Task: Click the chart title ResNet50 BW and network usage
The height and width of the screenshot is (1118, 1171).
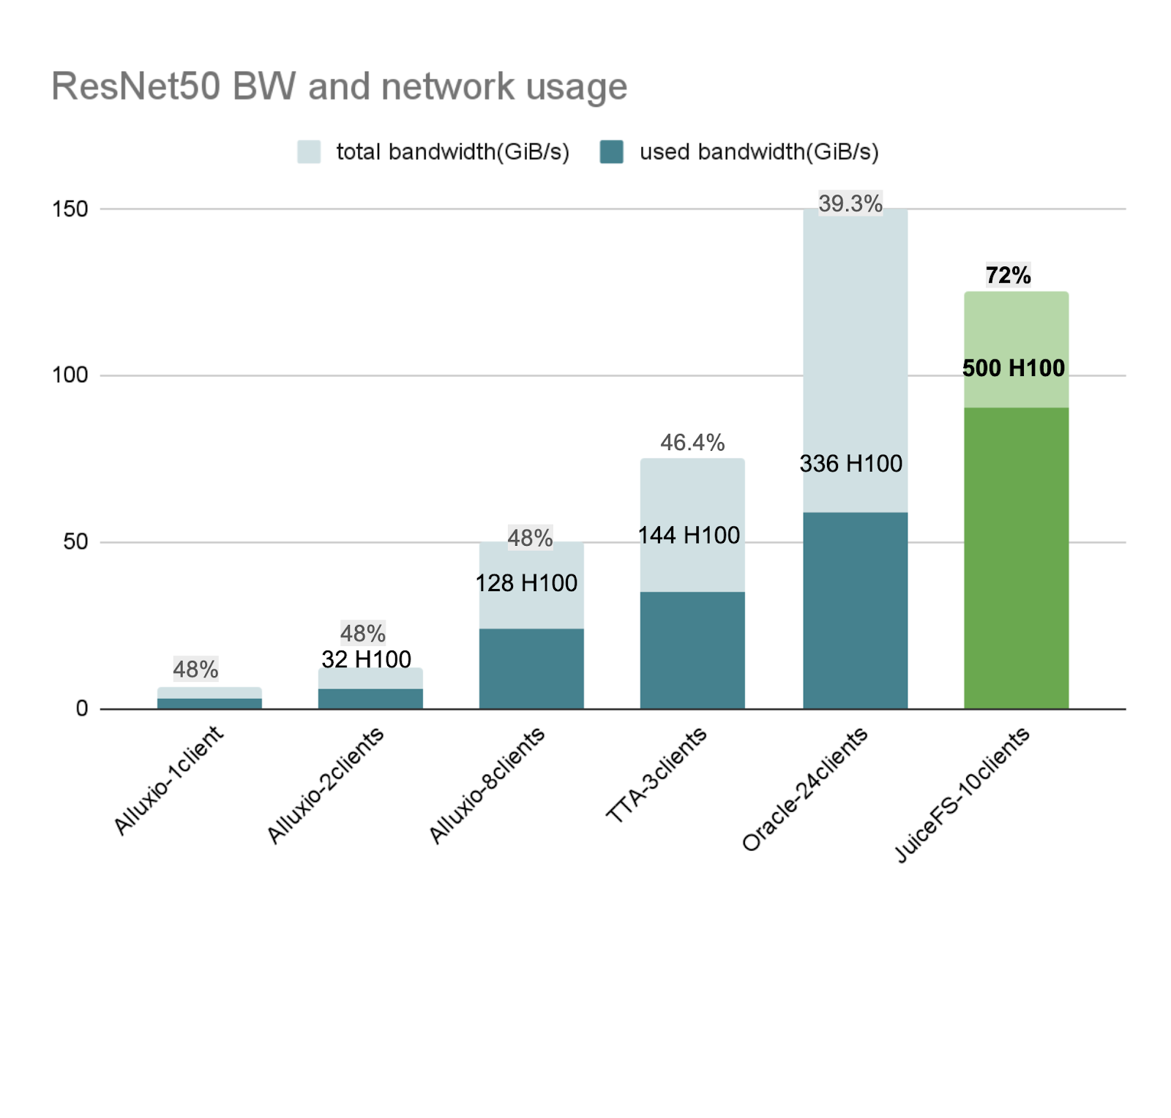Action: coord(339,86)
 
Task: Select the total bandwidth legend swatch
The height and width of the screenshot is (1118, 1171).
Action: coord(309,151)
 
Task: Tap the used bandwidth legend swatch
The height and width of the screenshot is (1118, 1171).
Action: coord(611,151)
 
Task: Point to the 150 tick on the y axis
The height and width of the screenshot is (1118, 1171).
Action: coord(70,209)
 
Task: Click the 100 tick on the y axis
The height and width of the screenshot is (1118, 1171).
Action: coord(70,375)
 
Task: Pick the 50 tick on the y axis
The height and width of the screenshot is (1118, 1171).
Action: coord(75,542)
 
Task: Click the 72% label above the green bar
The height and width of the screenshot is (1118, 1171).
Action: coord(1008,275)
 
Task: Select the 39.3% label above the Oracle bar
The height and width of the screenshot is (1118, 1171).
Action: coord(850,203)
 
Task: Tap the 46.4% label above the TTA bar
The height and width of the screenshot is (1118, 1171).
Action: coord(692,442)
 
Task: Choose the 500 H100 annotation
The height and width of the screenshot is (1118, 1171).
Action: coord(1013,367)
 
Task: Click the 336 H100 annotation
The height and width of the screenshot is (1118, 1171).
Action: coord(850,463)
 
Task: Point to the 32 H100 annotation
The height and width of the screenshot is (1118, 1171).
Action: coord(366,659)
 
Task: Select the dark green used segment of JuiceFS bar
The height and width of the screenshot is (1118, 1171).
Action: coord(1016,558)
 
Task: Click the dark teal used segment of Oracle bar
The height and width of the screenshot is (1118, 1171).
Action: coord(855,610)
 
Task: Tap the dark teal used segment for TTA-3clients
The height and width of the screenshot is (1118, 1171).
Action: coord(692,650)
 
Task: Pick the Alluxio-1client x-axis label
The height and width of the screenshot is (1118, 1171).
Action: coord(169,780)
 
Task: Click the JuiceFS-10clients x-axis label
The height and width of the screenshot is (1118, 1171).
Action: coord(962,795)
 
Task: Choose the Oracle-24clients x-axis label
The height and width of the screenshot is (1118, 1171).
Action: coord(805,789)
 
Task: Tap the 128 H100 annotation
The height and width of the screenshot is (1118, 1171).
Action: coord(526,582)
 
